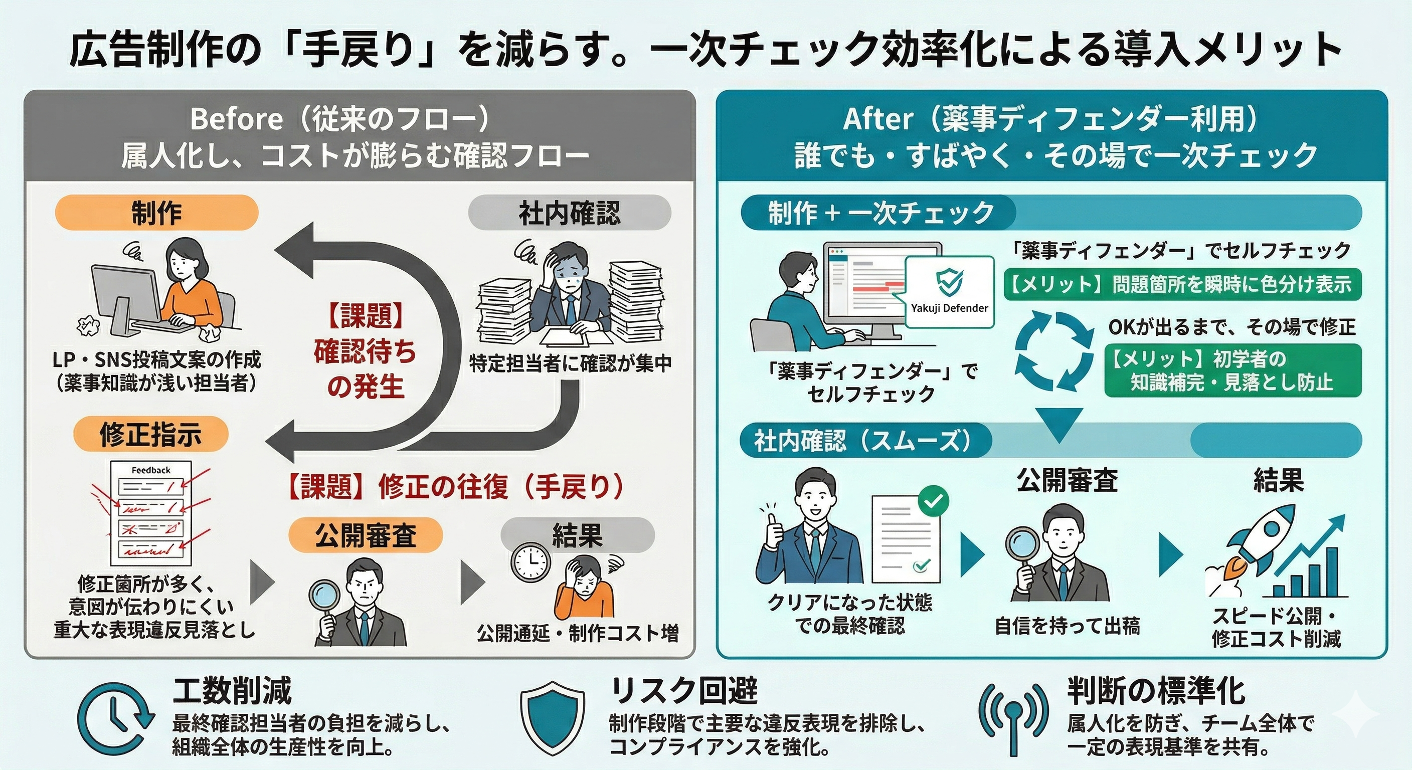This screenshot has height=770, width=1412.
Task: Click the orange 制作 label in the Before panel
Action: click(156, 213)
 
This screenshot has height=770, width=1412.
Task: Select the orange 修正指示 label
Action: click(151, 434)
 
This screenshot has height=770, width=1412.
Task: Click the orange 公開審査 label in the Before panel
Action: click(366, 535)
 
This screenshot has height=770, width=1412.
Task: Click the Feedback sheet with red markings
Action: click(151, 512)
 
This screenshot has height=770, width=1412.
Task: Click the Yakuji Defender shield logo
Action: click(949, 282)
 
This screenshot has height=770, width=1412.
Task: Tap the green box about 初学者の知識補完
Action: click(1232, 370)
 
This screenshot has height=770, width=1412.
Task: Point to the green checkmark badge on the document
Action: click(933, 500)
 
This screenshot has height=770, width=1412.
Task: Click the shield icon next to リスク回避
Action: click(553, 718)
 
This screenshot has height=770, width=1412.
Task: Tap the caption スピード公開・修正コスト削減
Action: click(1276, 628)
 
